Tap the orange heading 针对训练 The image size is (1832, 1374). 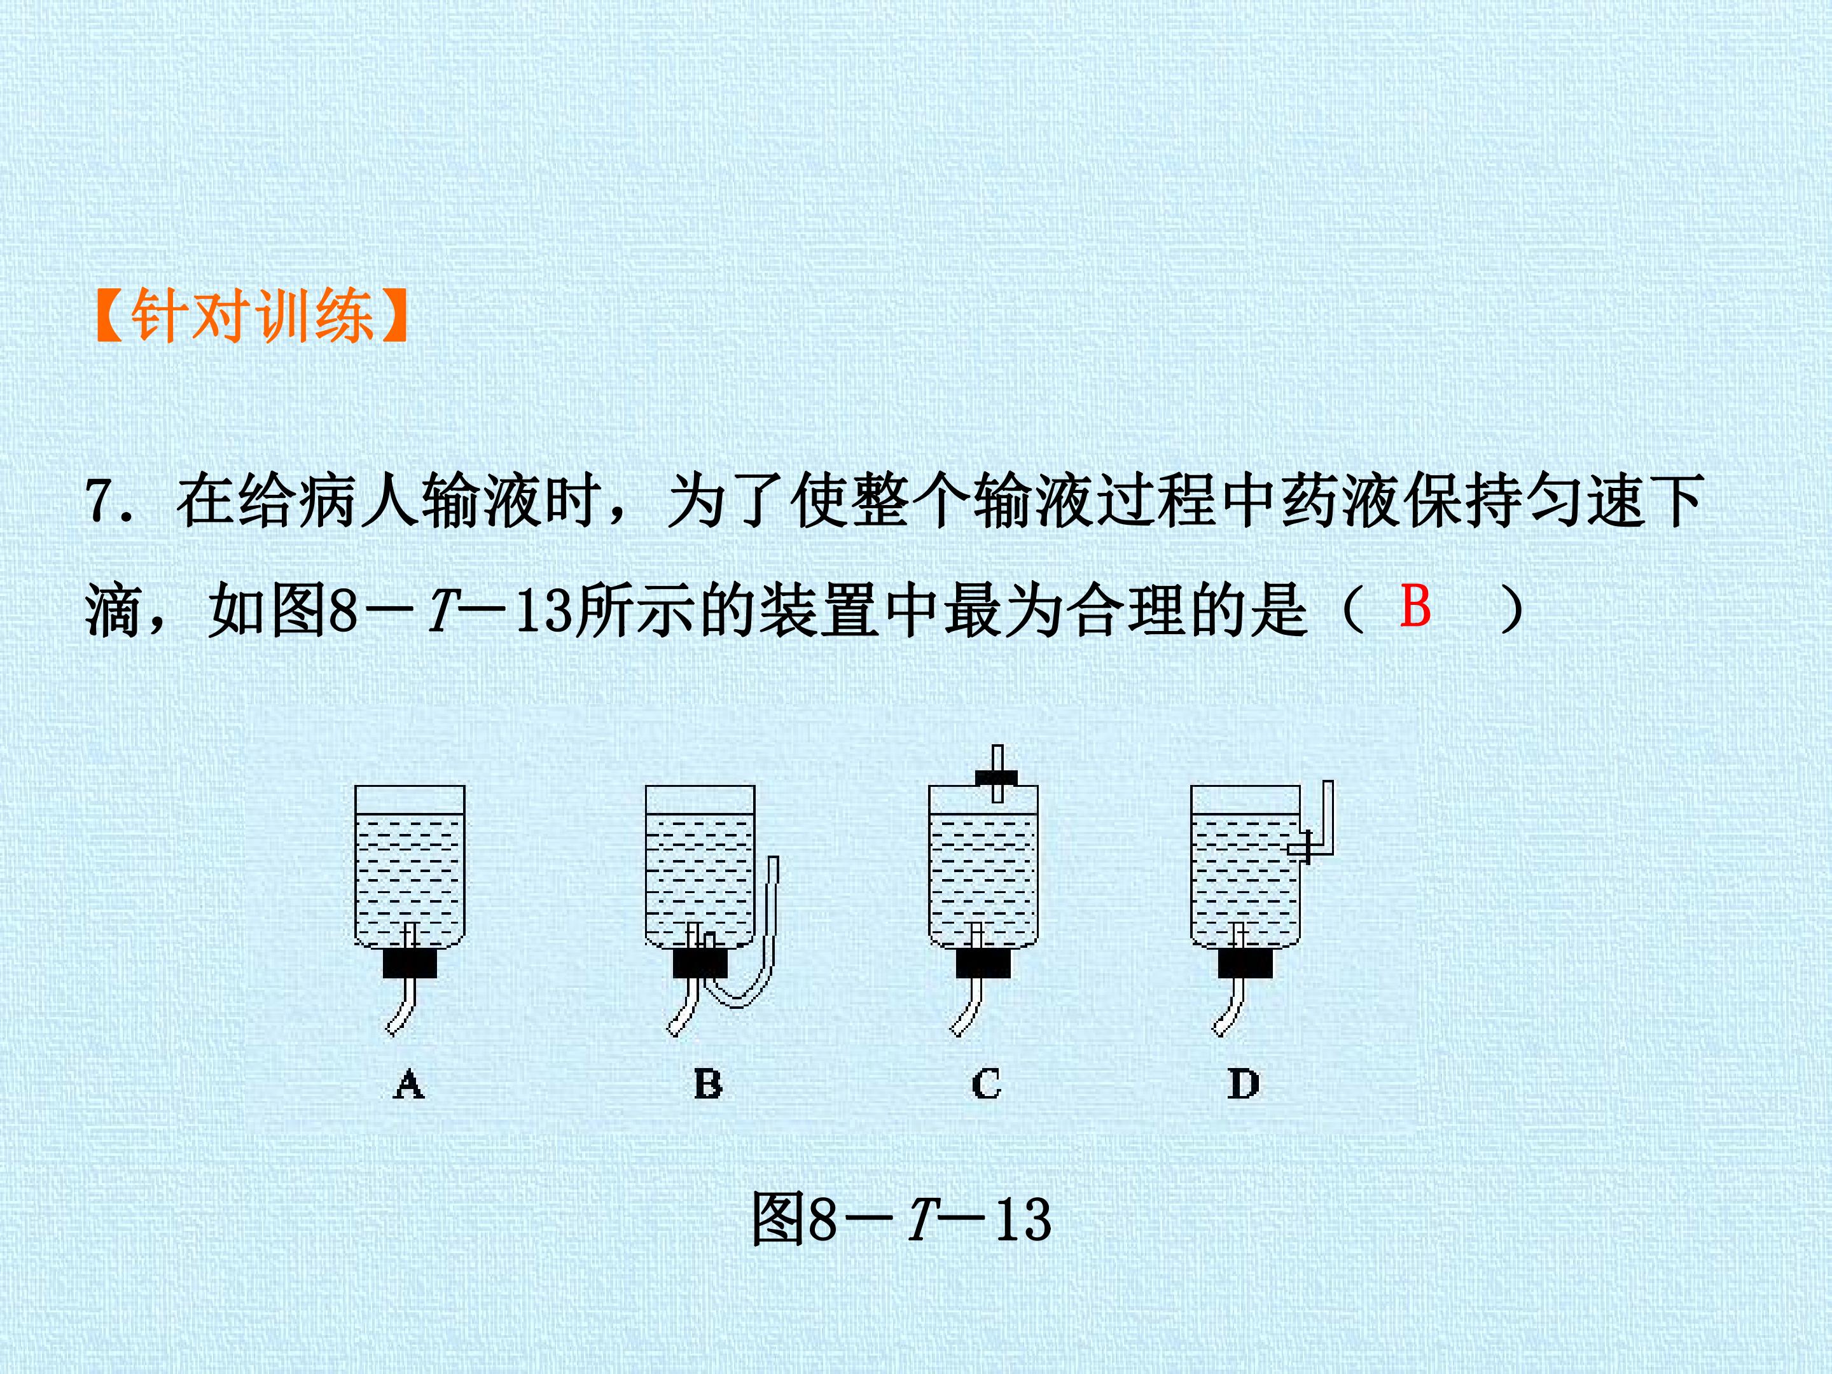[252, 316]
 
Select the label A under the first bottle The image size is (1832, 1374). [409, 1083]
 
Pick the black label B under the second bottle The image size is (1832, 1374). [707, 1083]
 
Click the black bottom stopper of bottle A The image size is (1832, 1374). [410, 963]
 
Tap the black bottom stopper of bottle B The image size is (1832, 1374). [700, 963]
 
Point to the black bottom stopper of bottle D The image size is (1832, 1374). [1246, 963]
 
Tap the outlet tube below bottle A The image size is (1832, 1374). [401, 1006]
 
